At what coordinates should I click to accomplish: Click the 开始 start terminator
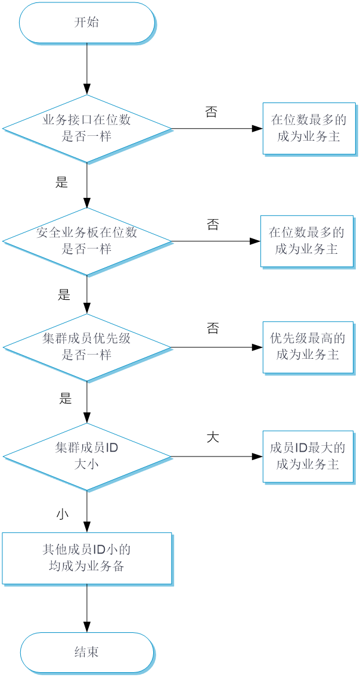87,23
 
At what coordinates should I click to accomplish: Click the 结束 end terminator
87,652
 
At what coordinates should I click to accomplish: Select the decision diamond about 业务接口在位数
87,128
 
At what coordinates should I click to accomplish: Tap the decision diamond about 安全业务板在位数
87,241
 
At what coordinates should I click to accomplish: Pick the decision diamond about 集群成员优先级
87,347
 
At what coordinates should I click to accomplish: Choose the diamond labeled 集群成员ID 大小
87,456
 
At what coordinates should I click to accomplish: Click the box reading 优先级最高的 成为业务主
308,347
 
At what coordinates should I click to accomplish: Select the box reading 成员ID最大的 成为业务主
308,456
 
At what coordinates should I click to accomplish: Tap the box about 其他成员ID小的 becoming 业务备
87,558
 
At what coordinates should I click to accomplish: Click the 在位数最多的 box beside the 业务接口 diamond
308,128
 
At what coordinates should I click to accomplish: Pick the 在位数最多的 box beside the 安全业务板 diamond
306,241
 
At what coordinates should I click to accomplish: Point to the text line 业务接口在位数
87,120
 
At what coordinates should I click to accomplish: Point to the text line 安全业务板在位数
87,233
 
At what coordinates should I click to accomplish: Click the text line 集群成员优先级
87,339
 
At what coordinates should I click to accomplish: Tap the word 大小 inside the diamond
87,465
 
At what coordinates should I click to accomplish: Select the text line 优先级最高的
308,339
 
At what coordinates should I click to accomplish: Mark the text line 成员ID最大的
308,448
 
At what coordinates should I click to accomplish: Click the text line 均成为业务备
87,566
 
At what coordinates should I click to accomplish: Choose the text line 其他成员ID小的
87,549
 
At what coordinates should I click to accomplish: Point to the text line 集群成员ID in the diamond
87,448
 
